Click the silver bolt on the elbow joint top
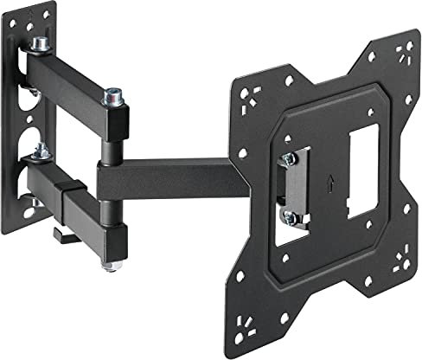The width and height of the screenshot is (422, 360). pos(112,96)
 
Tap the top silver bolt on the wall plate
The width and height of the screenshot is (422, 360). pos(40,44)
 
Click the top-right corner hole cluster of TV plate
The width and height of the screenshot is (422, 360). pos(400,54)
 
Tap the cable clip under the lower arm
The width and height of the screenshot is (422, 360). pos(63,233)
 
